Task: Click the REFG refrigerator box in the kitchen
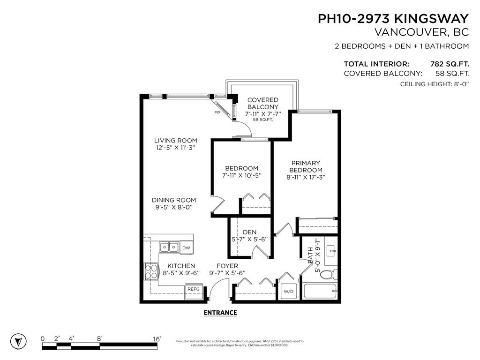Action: tap(194, 289)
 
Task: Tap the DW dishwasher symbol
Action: tap(186, 247)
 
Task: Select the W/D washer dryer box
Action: tap(288, 292)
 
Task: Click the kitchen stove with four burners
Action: tap(152, 271)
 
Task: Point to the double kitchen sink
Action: tap(168, 247)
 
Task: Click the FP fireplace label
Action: tap(217, 113)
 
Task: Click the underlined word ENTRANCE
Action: tap(220, 313)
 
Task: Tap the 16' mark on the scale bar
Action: tap(157, 338)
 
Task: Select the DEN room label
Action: tap(249, 232)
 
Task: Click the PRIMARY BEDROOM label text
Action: tap(306, 166)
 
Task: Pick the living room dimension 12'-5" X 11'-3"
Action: tap(176, 148)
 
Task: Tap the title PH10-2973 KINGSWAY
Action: tap(393, 19)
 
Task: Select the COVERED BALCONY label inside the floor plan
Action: tap(262, 104)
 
